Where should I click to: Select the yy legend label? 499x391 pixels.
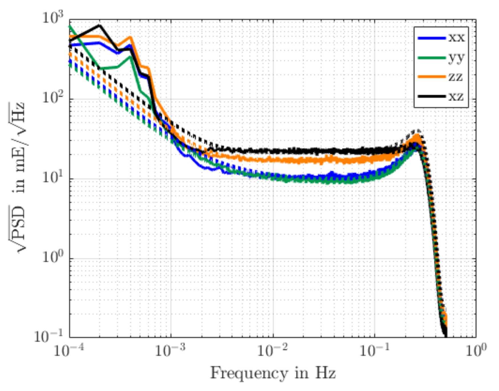[456, 58]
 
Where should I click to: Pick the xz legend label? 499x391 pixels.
[456, 96]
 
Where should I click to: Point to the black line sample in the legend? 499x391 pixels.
[431, 96]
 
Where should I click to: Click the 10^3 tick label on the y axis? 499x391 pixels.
[53, 19]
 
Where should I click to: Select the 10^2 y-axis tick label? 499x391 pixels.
[53, 98]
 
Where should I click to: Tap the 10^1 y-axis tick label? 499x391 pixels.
[53, 178]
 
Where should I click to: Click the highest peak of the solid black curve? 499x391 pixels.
[100, 25]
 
